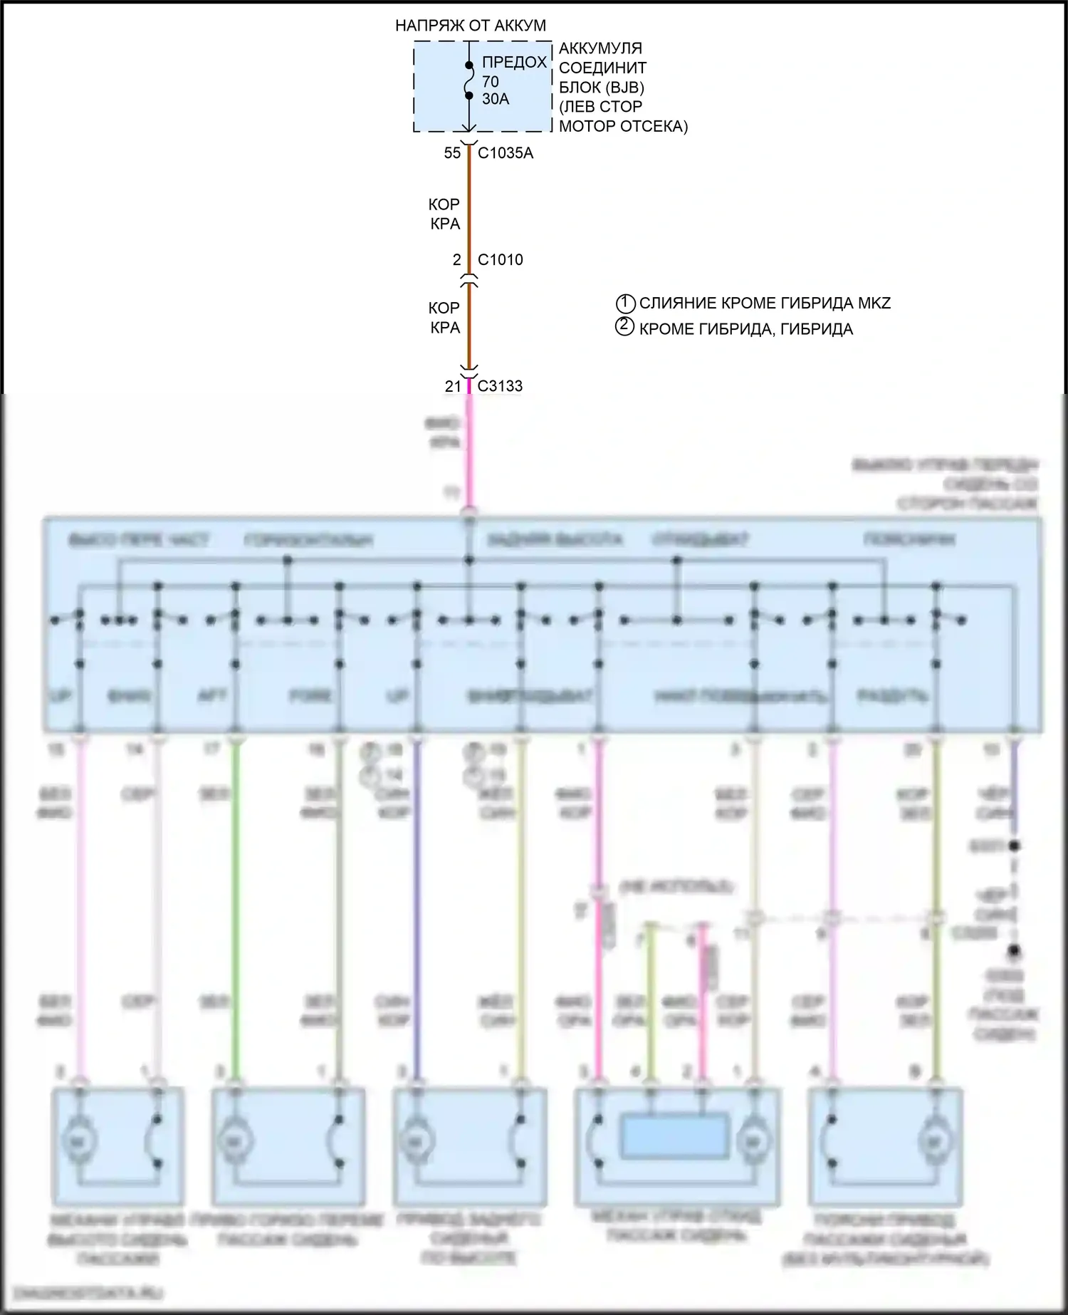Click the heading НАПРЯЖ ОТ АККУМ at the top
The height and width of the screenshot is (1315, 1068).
coord(471,26)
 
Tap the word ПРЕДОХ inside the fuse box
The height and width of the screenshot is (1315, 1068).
coord(514,63)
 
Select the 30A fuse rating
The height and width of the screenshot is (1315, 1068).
coord(496,100)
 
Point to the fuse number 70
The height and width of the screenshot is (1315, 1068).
coord(491,82)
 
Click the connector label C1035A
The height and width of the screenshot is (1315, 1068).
coord(505,153)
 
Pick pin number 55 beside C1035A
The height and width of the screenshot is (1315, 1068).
coord(452,153)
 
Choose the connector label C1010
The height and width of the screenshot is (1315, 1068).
coord(500,260)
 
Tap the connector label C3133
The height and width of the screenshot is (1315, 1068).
coord(500,386)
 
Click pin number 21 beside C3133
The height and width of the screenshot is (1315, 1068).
coord(453,386)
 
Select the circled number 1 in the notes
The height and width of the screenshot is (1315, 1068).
coord(624,303)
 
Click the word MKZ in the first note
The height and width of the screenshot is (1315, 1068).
coord(874,303)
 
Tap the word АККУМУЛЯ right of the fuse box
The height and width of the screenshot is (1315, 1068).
coord(600,48)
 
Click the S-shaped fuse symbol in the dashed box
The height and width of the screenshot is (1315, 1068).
coord(468,80)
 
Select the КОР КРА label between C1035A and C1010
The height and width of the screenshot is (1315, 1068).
coord(444,214)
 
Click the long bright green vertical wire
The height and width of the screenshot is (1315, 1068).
coord(236,905)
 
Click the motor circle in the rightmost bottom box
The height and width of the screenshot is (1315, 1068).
coord(933,1140)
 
